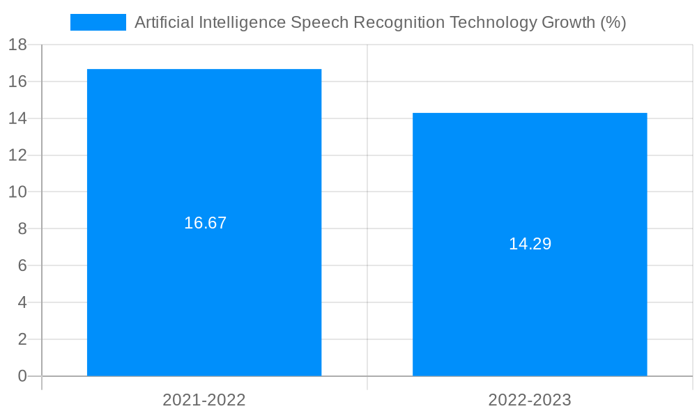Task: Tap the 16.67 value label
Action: click(205, 223)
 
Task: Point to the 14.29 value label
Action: click(530, 244)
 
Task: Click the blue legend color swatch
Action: click(98, 22)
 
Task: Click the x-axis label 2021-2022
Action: click(204, 400)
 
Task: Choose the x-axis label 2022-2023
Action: click(530, 400)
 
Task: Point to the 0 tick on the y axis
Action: click(22, 376)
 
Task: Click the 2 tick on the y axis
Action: click(22, 339)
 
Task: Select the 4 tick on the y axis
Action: click(22, 302)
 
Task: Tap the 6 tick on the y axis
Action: click(22, 265)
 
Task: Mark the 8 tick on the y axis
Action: click(22, 229)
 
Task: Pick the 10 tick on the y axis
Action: click(17, 192)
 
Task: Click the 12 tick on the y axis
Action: click(17, 155)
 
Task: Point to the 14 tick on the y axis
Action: click(17, 118)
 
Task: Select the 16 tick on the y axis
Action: click(17, 82)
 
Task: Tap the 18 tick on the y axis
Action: click(17, 45)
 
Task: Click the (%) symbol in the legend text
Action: click(613, 22)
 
